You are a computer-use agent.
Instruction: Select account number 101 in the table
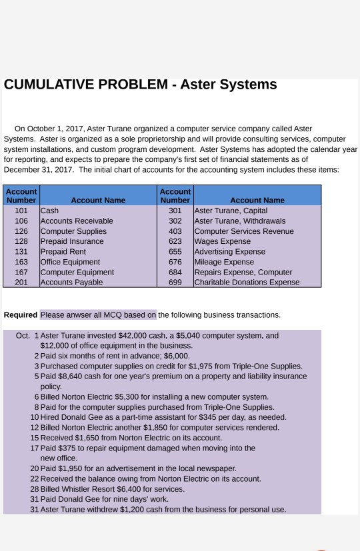coord(21,211)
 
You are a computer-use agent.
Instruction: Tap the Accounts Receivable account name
coord(77,221)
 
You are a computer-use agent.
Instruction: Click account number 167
coord(21,272)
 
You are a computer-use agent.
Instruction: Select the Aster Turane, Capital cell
coord(231,211)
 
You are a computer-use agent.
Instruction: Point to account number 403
coord(175,231)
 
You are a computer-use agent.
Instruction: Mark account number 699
coord(175,282)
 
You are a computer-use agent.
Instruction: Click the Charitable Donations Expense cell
coord(246,282)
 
